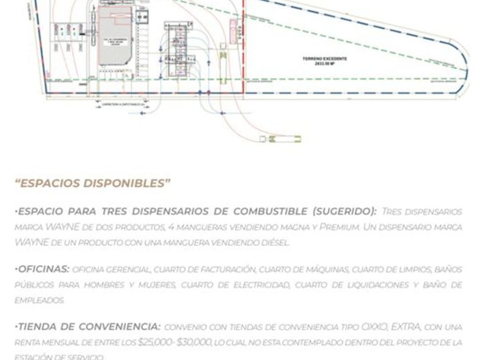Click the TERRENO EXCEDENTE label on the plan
pos(324,61)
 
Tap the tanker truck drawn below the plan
pos(280,138)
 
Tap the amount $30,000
pos(191,342)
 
